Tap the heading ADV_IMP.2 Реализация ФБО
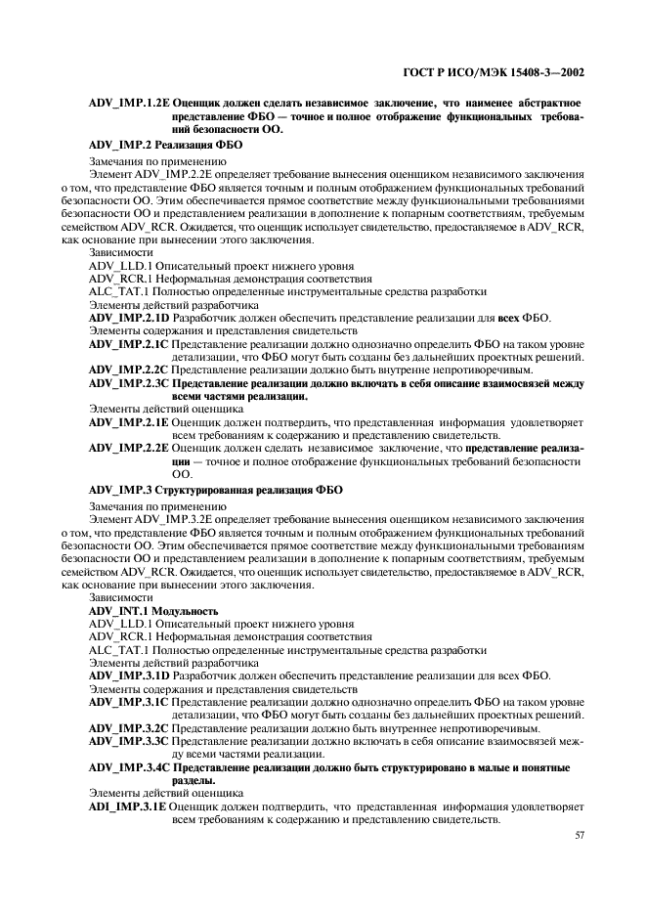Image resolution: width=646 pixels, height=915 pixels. point(165,144)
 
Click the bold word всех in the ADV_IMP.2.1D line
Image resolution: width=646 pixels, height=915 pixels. point(510,318)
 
